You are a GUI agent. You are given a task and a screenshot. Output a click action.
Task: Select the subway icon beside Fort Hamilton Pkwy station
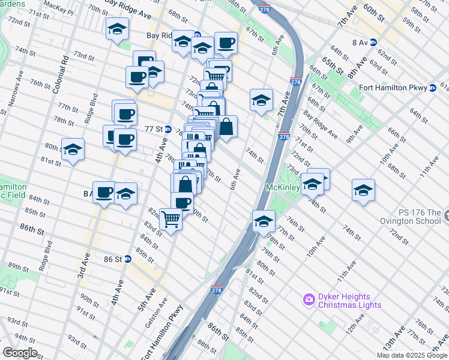(x=432, y=88)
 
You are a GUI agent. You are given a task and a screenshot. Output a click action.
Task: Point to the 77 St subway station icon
(x=169, y=130)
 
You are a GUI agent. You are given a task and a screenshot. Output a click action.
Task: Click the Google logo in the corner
(x=20, y=353)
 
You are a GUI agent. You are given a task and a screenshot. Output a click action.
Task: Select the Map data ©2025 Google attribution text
(x=412, y=355)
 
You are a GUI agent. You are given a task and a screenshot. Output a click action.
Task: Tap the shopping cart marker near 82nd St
(x=171, y=220)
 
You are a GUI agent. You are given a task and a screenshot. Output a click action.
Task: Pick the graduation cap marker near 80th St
(x=73, y=149)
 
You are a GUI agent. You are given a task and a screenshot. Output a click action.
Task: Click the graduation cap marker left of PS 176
(x=363, y=190)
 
